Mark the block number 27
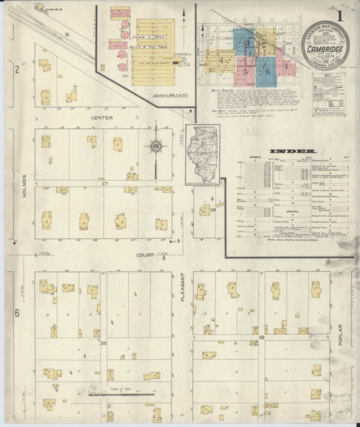point(104,184)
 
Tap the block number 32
point(262,337)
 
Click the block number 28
point(213,210)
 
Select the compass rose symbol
point(156,147)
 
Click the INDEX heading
point(283,150)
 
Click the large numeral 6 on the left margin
point(16,312)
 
